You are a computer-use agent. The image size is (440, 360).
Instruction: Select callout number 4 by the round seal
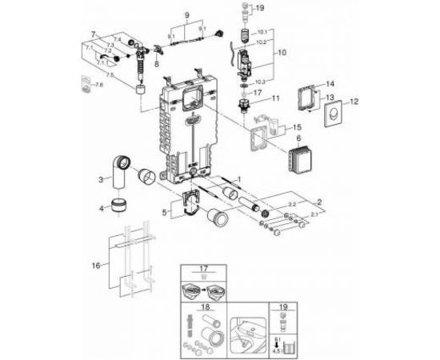(102, 210)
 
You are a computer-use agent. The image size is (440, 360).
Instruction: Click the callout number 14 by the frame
(330, 83)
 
